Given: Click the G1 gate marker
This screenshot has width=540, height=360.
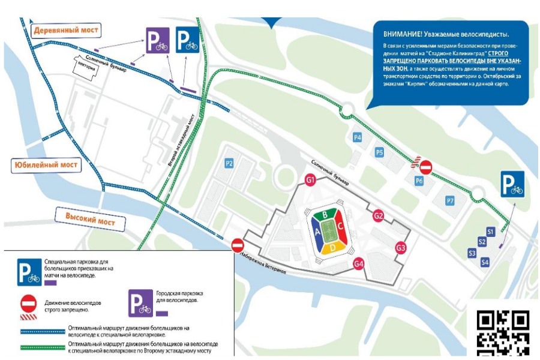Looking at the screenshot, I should coord(310,179).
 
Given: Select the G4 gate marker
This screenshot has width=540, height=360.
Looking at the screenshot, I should coord(359,262).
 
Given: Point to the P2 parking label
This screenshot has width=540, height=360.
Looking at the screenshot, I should coord(229,163).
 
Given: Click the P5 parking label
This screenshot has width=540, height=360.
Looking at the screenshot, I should coord(379,152).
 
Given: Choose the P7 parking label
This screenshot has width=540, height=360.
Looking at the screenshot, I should coord(450,200).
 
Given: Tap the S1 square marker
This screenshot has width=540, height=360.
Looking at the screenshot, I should coord(490,231).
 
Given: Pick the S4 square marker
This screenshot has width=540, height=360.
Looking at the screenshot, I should coord(485,262).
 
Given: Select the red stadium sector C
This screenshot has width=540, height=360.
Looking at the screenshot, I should coord(340,226).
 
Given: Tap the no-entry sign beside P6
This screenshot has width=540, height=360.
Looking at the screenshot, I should coord(425,166).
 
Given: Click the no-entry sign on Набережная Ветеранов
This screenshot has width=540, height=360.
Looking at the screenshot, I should coord(238,245).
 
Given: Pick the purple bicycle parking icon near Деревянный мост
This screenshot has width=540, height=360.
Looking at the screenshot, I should coord(157,40).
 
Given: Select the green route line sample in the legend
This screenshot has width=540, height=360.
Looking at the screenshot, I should coord(41,347).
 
